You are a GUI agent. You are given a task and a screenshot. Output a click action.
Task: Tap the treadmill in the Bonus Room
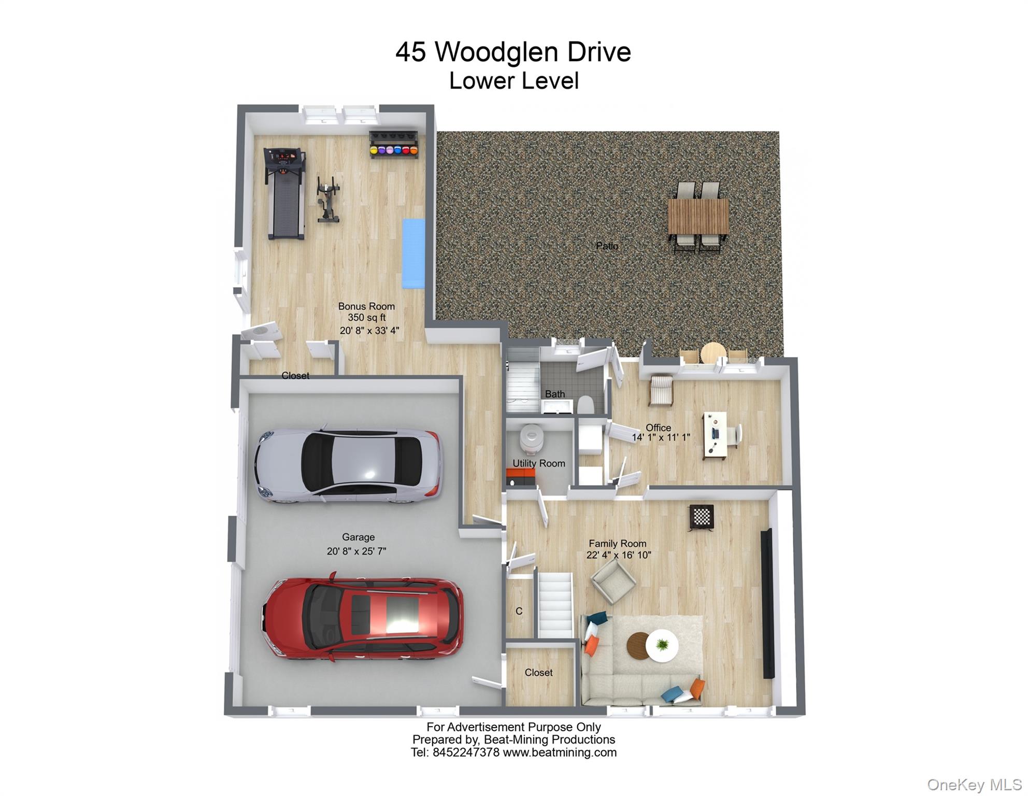click(x=284, y=193)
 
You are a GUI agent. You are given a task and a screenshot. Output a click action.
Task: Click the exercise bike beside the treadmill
click(x=328, y=200)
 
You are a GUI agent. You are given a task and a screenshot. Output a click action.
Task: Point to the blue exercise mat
click(x=413, y=253)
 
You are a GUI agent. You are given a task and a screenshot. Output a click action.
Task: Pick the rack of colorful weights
click(x=393, y=144)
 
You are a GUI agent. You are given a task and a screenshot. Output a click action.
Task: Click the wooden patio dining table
click(x=698, y=217)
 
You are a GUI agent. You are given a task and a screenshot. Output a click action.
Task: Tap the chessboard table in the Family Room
click(x=701, y=517)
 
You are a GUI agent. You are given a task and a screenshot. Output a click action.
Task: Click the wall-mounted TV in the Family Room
click(x=768, y=603)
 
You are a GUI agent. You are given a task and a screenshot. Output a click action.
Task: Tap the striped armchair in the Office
click(x=661, y=390)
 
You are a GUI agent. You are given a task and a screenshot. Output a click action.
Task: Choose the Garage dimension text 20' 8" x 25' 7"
click(x=356, y=551)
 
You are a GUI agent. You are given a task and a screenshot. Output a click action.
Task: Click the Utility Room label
click(x=539, y=463)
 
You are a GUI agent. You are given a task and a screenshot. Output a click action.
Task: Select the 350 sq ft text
click(x=367, y=318)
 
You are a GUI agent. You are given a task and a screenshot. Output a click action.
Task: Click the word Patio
click(x=607, y=246)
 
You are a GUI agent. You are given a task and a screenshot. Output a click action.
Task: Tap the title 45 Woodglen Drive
click(x=513, y=52)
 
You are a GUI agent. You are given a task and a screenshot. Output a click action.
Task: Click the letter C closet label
click(x=519, y=612)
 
